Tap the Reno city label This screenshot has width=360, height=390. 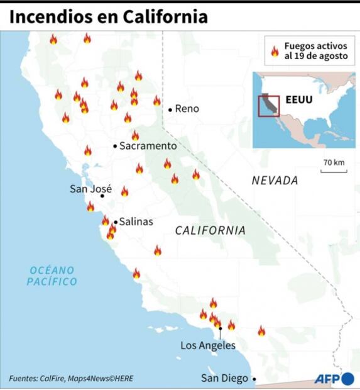click(187, 109)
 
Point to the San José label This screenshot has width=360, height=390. click(90, 188)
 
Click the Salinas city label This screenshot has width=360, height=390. click(136, 221)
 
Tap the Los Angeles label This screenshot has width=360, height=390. click(208, 345)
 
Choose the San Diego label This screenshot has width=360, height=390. click(224, 378)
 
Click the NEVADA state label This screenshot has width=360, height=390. click(275, 181)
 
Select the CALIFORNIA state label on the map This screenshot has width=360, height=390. click(210, 231)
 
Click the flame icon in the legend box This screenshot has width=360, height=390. click(275, 51)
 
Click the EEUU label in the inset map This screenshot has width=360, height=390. click(298, 99)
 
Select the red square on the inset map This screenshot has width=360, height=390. click(269, 104)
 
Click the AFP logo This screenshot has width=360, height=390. click(334, 378)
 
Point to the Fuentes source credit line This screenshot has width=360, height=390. click(71, 379)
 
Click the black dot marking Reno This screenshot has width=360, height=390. click(170, 109)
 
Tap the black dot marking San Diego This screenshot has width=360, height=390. click(254, 379)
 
